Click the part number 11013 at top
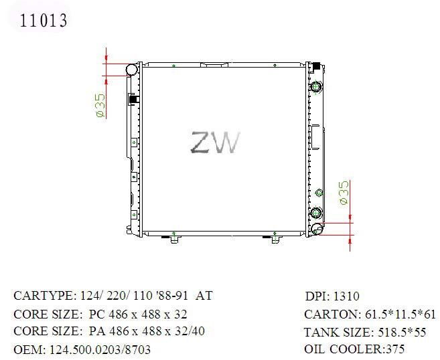(44, 21)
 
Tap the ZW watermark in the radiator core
(215, 143)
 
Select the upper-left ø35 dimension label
(100, 106)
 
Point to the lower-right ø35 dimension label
(344, 193)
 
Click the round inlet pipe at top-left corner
(131, 70)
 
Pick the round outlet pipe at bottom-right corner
(317, 229)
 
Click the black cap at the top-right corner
(316, 66)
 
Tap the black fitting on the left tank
(133, 99)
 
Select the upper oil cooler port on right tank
(316, 86)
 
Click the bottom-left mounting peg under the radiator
(174, 239)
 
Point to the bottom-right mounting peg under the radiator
(275, 239)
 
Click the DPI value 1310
(346, 296)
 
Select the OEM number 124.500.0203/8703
(100, 349)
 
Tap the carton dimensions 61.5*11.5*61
(400, 314)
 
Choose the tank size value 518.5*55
(402, 333)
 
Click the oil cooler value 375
(395, 349)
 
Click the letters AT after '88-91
(204, 296)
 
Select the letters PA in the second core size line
(97, 331)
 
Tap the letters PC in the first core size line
(97, 314)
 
